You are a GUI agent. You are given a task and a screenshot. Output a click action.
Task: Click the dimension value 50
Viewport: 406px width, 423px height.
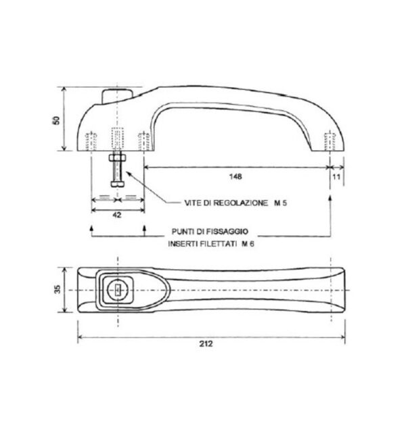pos(56,120)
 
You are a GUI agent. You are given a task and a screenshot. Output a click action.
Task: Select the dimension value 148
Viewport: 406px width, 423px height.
pos(235,176)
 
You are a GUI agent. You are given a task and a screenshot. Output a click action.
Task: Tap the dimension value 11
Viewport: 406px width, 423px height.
pos(336,177)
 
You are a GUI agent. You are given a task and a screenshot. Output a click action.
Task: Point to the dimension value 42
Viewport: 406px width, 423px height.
pos(116,215)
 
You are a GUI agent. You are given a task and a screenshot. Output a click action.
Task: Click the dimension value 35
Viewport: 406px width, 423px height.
pos(58,289)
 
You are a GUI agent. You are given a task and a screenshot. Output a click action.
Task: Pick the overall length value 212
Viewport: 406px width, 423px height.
pos(206,344)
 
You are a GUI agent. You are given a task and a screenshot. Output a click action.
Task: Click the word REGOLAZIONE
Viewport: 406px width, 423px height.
pos(240,203)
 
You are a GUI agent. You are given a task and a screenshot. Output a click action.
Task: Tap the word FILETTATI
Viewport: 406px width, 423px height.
pos(219,244)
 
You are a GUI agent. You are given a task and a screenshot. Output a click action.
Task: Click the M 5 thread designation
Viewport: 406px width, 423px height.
pos(280,203)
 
